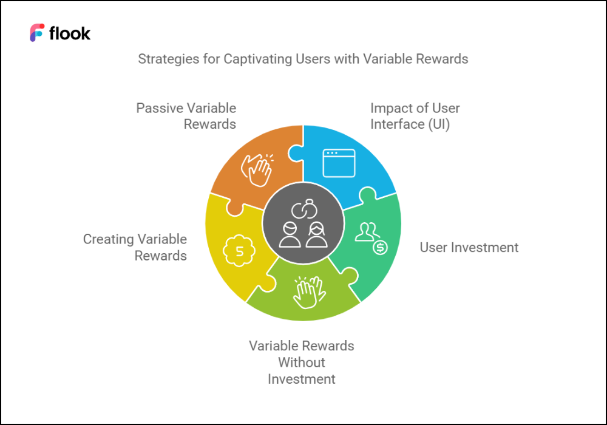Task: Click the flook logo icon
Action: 37,33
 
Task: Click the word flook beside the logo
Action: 70,33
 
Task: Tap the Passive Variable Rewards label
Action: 186,116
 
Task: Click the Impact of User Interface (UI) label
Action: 415,116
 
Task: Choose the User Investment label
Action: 469,247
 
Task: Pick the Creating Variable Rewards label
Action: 135,247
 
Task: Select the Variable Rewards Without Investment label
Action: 302,362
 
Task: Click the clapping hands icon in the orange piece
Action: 257,168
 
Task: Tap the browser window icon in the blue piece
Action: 338,163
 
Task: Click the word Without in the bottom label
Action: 302,362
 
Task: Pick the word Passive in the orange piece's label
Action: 160,108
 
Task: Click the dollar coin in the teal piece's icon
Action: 379,247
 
